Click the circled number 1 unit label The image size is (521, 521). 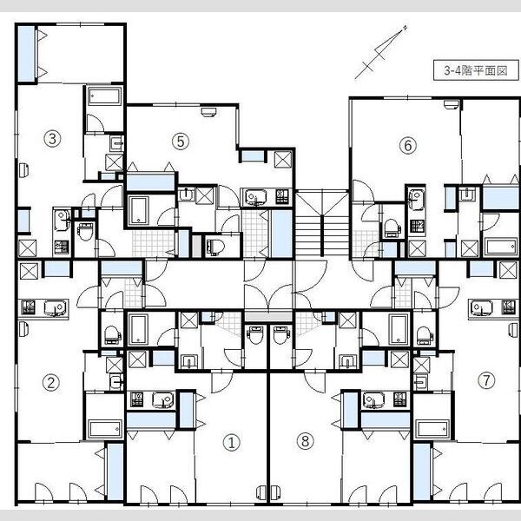pyautogui.click(x=232, y=443)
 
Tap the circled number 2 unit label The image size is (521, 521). pyautogui.click(x=51, y=382)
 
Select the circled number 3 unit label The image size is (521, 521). pyautogui.click(x=52, y=138)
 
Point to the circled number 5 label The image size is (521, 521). pyautogui.click(x=181, y=142)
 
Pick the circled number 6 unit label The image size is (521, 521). pyautogui.click(x=408, y=145)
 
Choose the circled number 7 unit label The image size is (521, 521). pyautogui.click(x=486, y=379)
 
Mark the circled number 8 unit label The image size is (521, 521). pyautogui.click(x=305, y=441)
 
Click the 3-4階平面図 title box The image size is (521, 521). pyautogui.click(x=476, y=70)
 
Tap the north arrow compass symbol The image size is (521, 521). pyautogui.click(x=381, y=52)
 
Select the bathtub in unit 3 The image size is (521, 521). pyautogui.click(x=104, y=96)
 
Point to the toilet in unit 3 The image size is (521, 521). pyautogui.click(x=85, y=231)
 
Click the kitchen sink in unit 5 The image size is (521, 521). pyautogui.click(x=255, y=197)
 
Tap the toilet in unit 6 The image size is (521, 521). pyautogui.click(x=392, y=228)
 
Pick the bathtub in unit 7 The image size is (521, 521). pyautogui.click(x=432, y=429)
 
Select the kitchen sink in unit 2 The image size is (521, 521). pyautogui.click(x=55, y=307)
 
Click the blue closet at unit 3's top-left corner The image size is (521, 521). pyautogui.click(x=26, y=54)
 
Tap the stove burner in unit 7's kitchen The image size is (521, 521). pyautogui.click(x=508, y=307)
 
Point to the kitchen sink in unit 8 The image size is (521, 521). pyautogui.click(x=373, y=399)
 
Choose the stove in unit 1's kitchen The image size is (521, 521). pyautogui.click(x=137, y=399)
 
